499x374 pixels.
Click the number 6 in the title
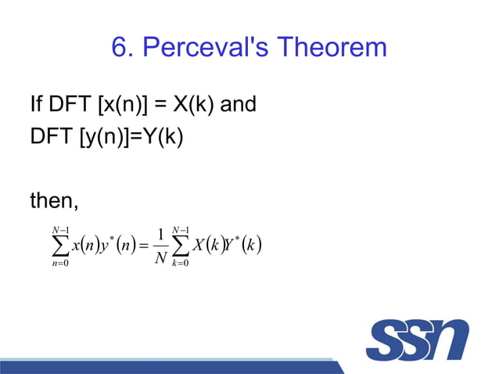point(120,49)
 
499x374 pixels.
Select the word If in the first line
point(36,104)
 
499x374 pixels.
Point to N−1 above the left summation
point(56,228)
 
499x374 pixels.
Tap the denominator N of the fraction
point(160,259)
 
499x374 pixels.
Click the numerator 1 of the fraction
point(160,236)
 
